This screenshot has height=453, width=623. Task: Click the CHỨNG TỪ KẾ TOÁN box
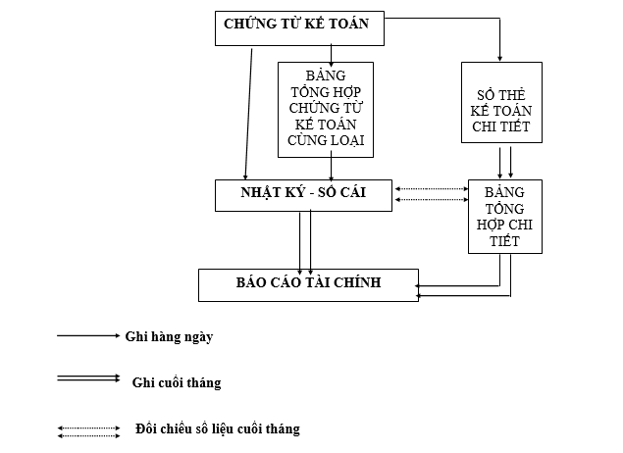click(x=299, y=28)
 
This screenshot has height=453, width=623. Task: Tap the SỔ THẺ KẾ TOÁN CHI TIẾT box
click(x=501, y=102)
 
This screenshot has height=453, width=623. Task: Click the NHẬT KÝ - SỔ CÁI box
click(x=303, y=194)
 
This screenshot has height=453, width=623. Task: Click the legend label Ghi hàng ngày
click(x=169, y=336)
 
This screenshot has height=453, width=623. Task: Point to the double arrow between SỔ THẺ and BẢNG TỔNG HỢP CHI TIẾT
click(x=505, y=161)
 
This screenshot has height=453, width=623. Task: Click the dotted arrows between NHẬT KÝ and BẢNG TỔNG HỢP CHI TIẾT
click(x=431, y=194)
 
